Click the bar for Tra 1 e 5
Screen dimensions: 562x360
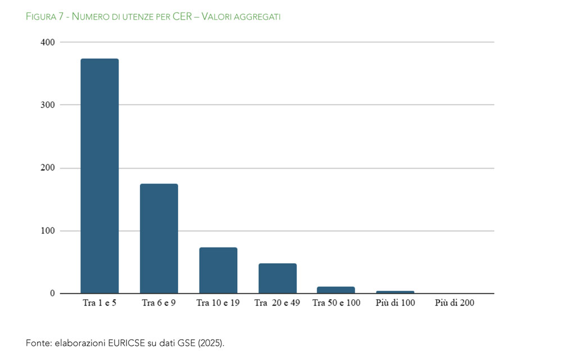(x=99, y=175)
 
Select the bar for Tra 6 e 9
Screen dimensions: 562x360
(x=159, y=238)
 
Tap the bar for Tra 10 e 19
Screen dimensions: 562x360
(x=218, y=271)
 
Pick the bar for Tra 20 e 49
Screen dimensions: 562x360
(x=278, y=278)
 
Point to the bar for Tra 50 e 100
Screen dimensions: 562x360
(x=336, y=290)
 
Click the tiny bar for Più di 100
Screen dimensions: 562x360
(x=395, y=292)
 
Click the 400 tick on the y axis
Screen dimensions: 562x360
(x=48, y=42)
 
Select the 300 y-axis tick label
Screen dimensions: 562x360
(x=48, y=105)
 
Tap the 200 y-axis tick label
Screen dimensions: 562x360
(x=48, y=168)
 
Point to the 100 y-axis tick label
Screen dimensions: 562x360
(x=48, y=231)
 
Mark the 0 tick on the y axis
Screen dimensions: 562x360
(x=52, y=293)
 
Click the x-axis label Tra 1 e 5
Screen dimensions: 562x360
(x=99, y=303)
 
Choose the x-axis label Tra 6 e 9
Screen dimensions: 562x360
(x=159, y=303)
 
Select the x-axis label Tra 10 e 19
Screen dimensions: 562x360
(x=218, y=303)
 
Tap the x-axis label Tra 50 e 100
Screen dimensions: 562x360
(x=336, y=303)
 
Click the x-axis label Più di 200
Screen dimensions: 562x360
(x=455, y=303)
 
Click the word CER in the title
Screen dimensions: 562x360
(x=182, y=16)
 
